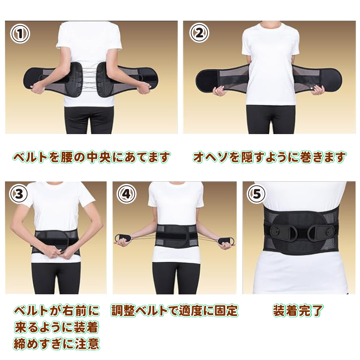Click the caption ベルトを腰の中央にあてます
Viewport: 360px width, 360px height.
[x=91, y=157]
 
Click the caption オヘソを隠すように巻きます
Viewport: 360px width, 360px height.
[x=270, y=157]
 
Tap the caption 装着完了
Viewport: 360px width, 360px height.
[x=298, y=310]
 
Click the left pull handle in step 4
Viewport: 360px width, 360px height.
[x=123, y=238]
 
